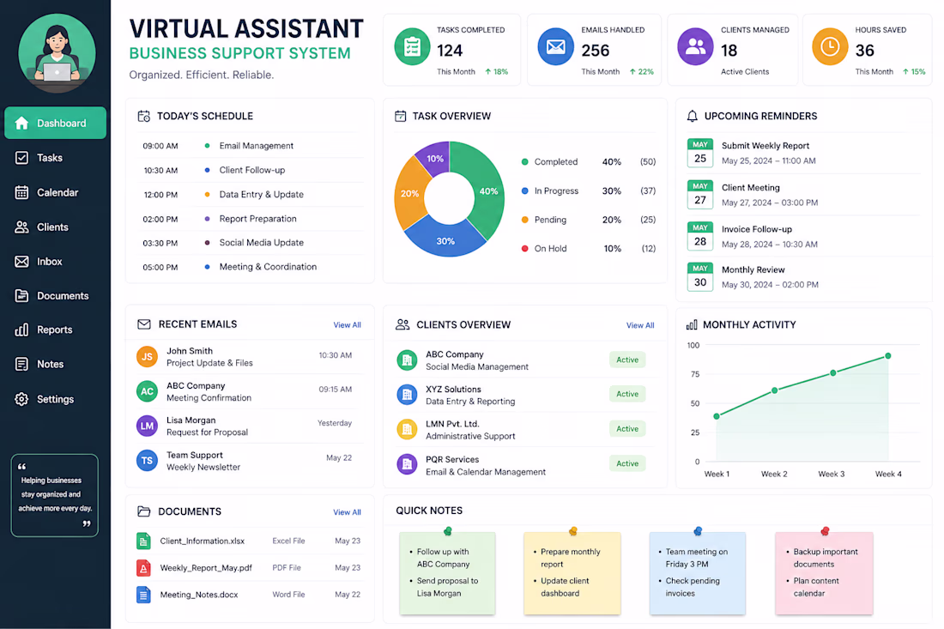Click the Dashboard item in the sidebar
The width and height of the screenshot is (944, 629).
[56, 123]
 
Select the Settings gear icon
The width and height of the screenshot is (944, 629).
[21, 399]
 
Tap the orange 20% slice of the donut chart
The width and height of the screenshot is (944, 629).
[409, 194]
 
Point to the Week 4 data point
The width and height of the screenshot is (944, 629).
[888, 356]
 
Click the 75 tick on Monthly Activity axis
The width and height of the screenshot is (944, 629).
[695, 374]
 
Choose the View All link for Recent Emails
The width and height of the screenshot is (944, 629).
[348, 325]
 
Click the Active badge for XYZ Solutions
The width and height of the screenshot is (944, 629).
[627, 394]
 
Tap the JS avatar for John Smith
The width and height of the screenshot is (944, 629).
[147, 357]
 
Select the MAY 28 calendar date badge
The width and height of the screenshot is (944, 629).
[700, 236]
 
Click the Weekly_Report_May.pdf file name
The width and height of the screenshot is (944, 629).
[206, 567]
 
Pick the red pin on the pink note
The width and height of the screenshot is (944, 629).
[825, 531]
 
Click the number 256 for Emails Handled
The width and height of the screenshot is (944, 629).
[596, 51]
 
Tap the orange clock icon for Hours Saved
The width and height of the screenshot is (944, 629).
[830, 46]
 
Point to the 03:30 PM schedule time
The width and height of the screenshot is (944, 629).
[160, 243]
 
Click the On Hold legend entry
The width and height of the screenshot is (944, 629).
[544, 249]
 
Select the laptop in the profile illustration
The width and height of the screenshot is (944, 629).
[57, 72]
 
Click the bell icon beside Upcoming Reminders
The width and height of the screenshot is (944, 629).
[693, 116]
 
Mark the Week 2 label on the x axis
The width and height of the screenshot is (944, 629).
[774, 474]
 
